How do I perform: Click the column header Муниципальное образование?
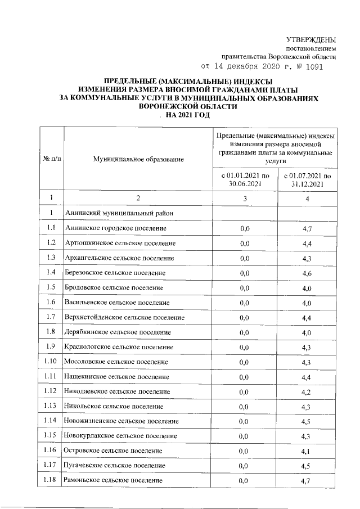click(138, 160)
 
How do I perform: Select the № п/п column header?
click(52, 160)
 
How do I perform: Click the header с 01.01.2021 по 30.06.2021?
click(245, 179)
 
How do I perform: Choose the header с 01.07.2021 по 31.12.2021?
click(307, 179)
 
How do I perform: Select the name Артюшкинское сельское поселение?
click(120, 243)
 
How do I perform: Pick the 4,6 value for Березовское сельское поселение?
click(307, 273)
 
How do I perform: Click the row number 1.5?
click(52, 287)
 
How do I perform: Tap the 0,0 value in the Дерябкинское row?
click(245, 332)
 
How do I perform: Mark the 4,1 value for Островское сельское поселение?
click(307, 451)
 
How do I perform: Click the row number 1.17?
click(52, 466)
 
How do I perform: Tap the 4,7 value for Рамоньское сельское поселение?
click(307, 480)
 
